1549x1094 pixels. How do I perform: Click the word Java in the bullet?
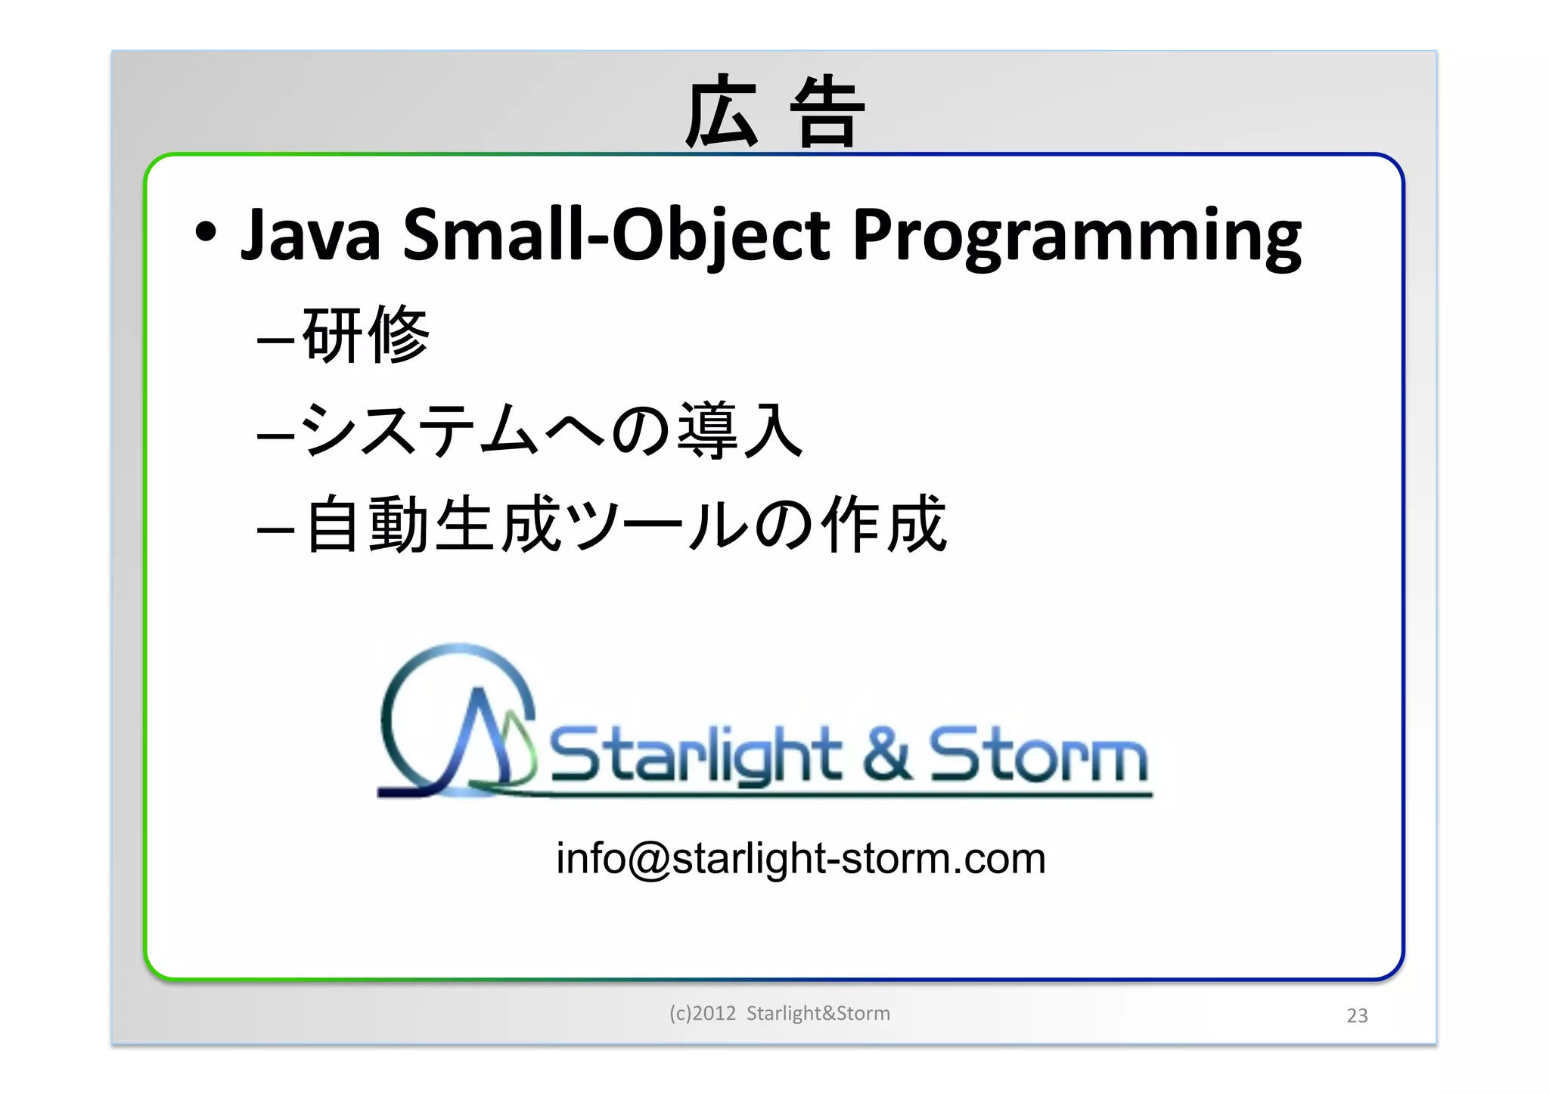pyautogui.click(x=310, y=235)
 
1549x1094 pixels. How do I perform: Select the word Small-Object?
pyautogui.click(x=616, y=235)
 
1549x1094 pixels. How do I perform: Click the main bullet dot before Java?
pyautogui.click(x=206, y=232)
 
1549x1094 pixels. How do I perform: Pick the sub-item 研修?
pyautogui.click(x=365, y=335)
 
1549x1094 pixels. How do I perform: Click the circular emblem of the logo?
pyautogui.click(x=457, y=722)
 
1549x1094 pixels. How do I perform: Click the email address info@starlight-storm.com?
pyautogui.click(x=800, y=859)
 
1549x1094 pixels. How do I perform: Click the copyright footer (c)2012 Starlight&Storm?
pyautogui.click(x=779, y=1013)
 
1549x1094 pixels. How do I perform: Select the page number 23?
pyautogui.click(x=1357, y=1015)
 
